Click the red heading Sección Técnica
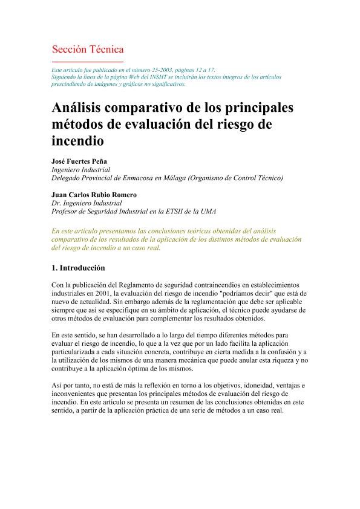click(x=88, y=50)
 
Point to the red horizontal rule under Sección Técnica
click(x=88, y=62)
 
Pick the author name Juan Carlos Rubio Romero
click(x=94, y=195)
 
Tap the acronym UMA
click(x=207, y=212)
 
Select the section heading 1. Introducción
click(x=78, y=268)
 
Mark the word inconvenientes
click(x=75, y=394)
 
